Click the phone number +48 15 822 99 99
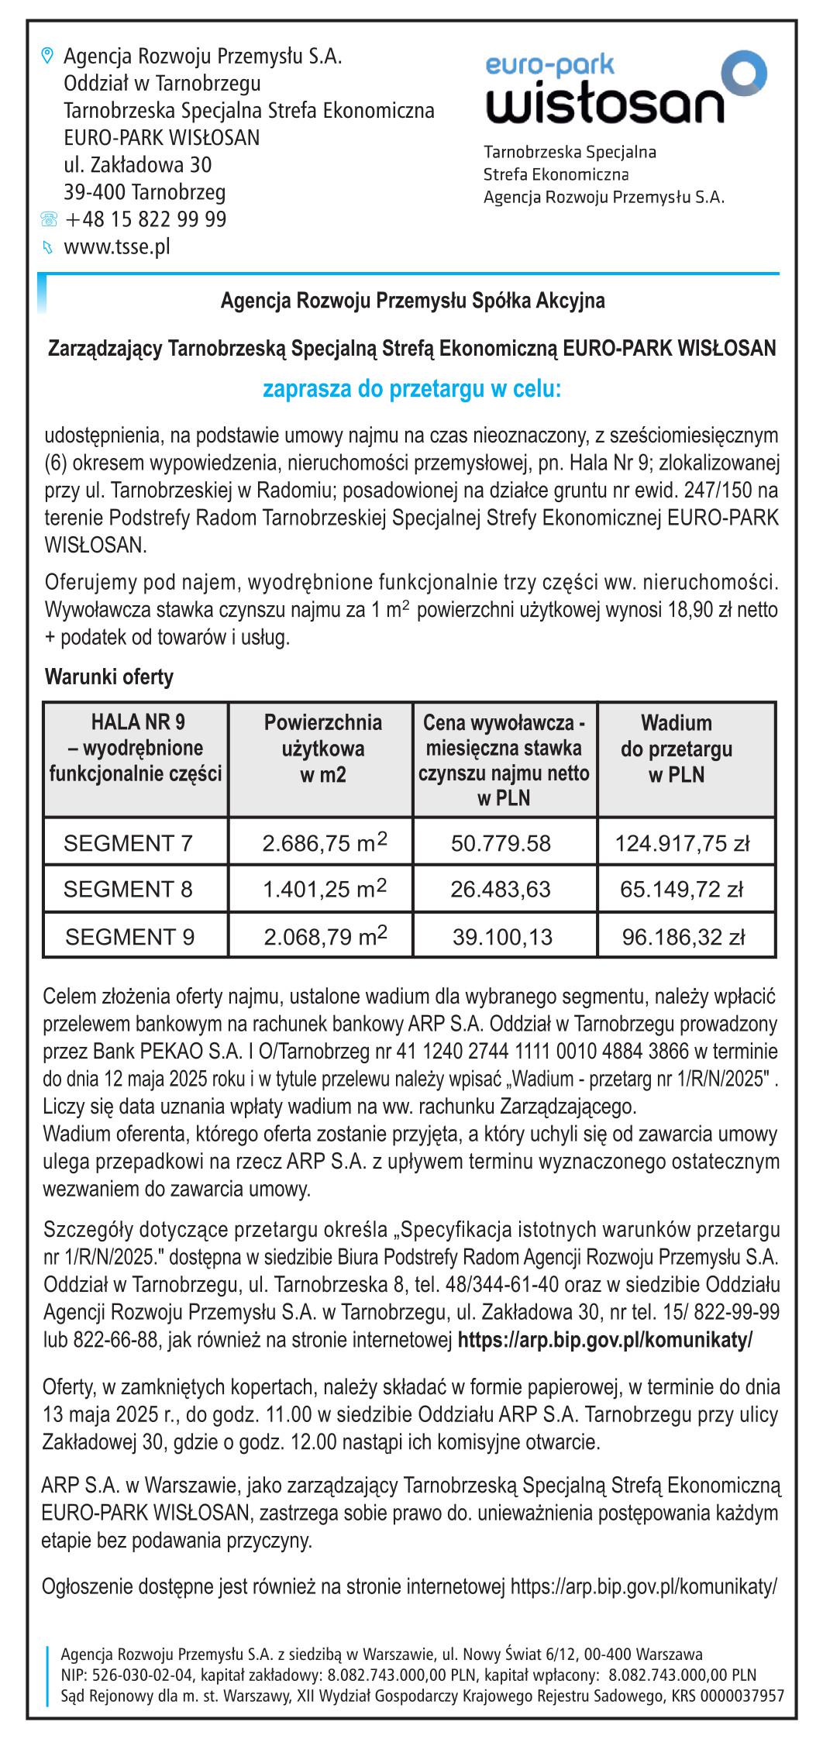pyautogui.click(x=146, y=219)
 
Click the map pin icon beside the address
pyautogui.click(x=47, y=56)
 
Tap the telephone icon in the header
pyautogui.click(x=48, y=220)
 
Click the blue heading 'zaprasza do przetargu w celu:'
pyautogui.click(x=411, y=389)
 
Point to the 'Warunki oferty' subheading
pyautogui.click(x=109, y=677)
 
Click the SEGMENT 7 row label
pyautogui.click(x=128, y=842)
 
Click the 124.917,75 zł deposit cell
pyautogui.click(x=682, y=842)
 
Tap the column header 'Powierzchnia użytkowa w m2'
pyautogui.click(x=322, y=749)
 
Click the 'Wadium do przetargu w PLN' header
pyautogui.click(x=676, y=749)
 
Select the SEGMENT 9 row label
pyautogui.click(x=129, y=937)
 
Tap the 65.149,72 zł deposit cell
pyautogui.click(x=681, y=889)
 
